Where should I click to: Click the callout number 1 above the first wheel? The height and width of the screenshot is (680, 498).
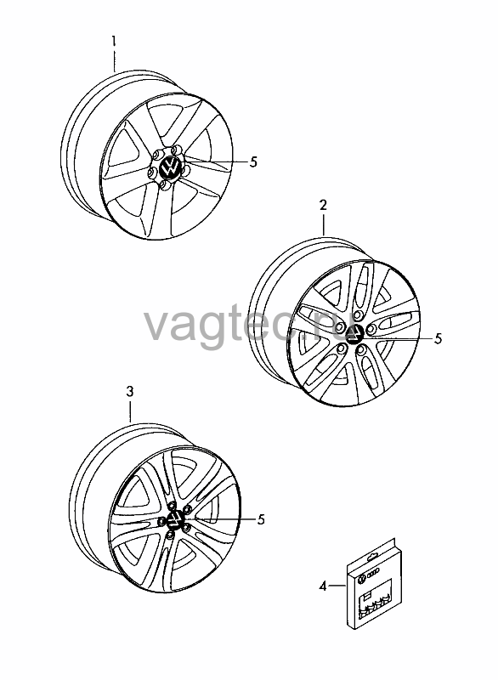point(114,42)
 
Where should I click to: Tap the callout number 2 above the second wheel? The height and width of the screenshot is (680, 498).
point(323,205)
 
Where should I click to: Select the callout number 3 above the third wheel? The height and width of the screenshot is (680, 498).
point(129,392)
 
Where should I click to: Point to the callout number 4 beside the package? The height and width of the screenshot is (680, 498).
point(322,586)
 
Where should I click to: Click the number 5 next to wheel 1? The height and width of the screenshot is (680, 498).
point(253,162)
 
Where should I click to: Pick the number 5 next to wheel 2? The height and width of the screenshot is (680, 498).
point(439,338)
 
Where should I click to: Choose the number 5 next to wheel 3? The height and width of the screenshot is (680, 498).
point(261,519)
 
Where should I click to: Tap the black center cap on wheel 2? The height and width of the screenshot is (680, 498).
point(355,334)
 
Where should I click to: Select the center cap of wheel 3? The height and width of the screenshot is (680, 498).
point(175,518)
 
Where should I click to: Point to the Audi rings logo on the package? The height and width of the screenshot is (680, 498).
point(373,575)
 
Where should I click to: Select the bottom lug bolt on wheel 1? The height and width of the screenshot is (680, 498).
point(164,184)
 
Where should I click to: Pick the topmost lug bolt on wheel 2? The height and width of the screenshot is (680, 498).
point(358,314)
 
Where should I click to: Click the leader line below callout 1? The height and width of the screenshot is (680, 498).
point(115,61)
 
